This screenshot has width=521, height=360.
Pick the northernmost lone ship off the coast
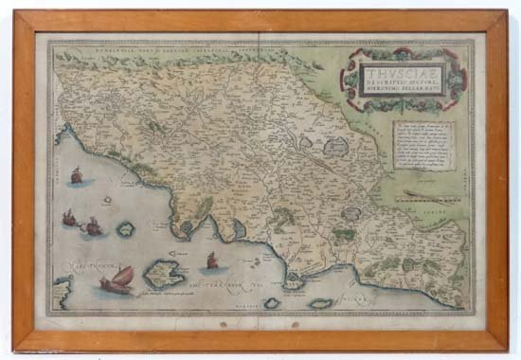76,176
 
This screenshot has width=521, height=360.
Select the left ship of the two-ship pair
69,219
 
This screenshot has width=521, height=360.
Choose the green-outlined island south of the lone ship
125,228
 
